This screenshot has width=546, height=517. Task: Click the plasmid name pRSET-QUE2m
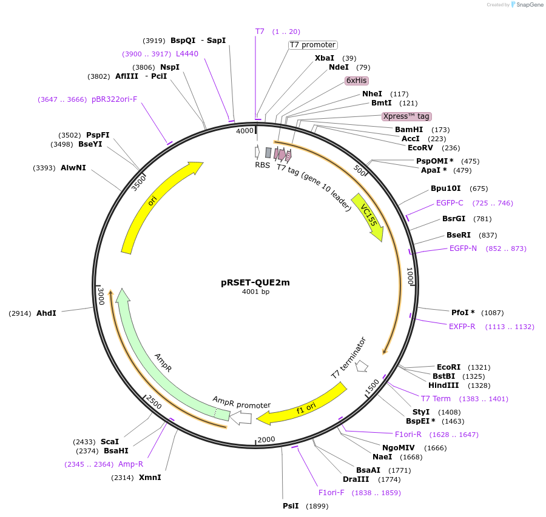coord(255,282)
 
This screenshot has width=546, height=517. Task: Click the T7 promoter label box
coord(312,45)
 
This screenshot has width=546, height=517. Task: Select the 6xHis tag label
coord(357,80)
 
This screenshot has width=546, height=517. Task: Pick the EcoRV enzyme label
coord(420,148)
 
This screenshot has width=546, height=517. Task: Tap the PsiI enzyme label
coord(291,506)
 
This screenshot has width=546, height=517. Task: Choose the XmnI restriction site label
coord(150,478)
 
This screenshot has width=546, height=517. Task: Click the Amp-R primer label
coord(130,464)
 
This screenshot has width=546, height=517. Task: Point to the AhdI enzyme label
coord(46,313)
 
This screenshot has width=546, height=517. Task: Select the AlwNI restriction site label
coord(73,168)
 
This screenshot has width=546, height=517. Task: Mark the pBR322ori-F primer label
coord(114,99)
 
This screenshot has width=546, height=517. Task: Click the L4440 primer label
coord(187,54)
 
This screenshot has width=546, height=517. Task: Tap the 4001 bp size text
coord(255,292)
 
